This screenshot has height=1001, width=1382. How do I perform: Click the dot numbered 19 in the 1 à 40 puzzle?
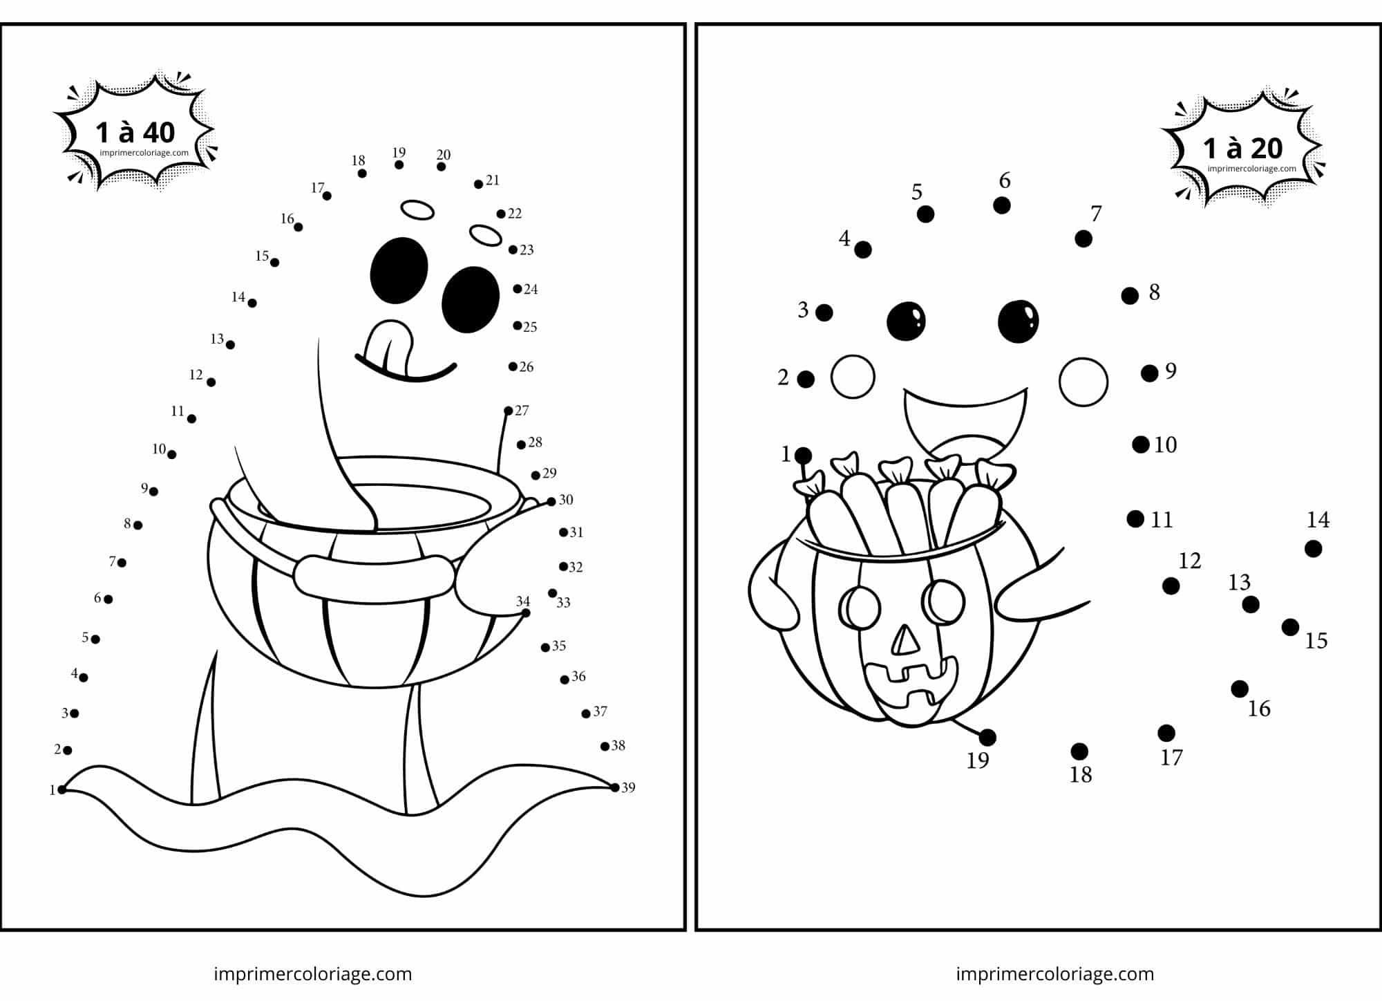point(399,165)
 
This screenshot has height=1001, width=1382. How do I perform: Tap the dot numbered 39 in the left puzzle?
point(615,787)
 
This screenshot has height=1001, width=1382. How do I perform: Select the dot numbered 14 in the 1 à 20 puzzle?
point(1314,549)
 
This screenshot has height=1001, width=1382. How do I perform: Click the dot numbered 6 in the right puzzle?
point(1002,205)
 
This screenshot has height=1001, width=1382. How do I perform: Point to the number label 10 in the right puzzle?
point(1166,445)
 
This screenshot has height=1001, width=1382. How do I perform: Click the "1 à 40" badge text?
point(135,132)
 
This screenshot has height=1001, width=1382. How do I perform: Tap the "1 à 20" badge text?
point(1243,148)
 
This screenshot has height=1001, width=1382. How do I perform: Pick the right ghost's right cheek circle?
point(1083,382)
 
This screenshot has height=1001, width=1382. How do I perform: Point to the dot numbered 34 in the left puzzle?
point(526,613)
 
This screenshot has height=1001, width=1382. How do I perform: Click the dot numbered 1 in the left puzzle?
point(62,789)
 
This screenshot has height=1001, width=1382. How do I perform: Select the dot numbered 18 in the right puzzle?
point(1079,751)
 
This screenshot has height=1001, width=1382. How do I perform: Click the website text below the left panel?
point(313,974)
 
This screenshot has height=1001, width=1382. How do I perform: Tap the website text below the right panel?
point(1055,974)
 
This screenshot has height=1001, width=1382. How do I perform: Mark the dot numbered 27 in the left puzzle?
point(509,411)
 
